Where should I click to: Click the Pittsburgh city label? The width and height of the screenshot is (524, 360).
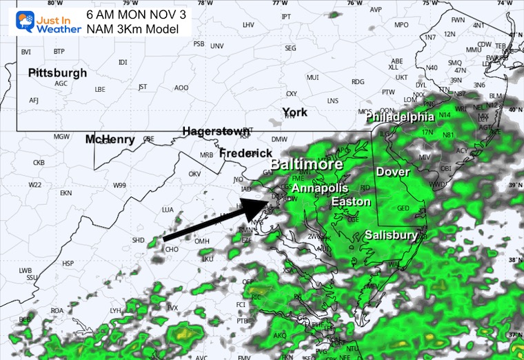coord(58,72)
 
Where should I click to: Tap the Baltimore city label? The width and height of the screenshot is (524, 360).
coord(306,165)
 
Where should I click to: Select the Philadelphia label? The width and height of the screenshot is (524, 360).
coord(400,117)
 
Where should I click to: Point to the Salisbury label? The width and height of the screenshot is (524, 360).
coord(391,234)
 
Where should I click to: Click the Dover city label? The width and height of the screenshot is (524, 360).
coord(392,171)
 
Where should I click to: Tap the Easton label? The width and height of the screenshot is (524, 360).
coord(351,201)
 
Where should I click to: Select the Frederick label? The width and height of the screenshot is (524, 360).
coord(245,153)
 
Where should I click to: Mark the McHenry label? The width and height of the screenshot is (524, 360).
coord(110,139)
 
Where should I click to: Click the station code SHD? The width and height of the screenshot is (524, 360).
coord(138,240)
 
